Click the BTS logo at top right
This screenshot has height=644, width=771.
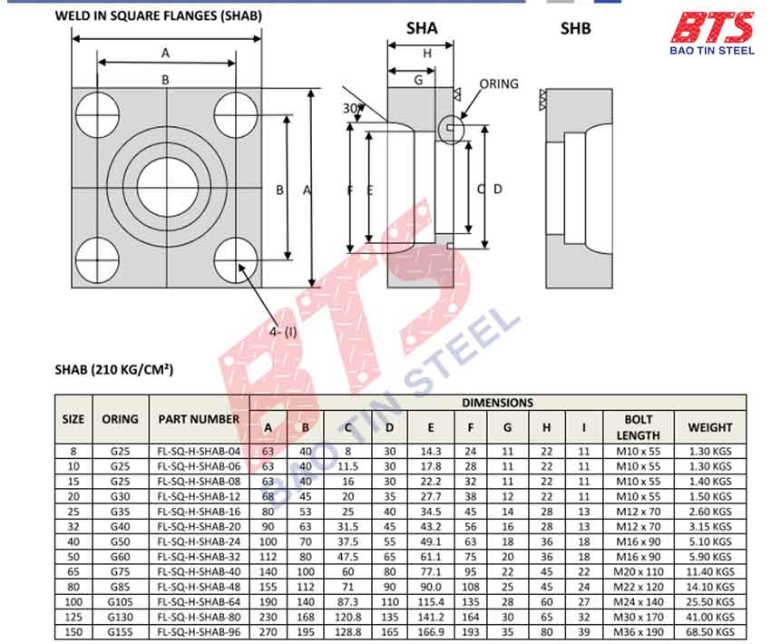[711, 34]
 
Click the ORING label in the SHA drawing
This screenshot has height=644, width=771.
[498, 83]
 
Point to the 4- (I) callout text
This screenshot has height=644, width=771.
[284, 331]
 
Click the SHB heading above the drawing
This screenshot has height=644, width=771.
[575, 28]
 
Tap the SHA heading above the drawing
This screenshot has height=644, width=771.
[421, 28]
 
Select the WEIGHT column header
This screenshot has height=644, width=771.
[709, 427]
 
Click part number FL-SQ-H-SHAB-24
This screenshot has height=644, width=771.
[199, 542]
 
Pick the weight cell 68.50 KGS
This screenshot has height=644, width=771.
[709, 632]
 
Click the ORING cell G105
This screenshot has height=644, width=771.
[120, 602]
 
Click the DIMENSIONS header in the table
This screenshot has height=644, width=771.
[498, 403]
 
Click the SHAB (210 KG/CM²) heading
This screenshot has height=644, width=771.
[113, 369]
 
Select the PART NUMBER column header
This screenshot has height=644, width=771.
[199, 419]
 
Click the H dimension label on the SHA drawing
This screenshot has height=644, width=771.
[427, 54]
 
